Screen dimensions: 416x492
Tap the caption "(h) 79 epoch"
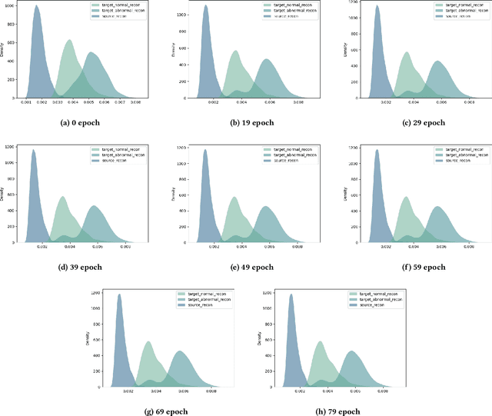click(x=333, y=411)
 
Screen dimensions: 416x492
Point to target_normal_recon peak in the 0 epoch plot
click(x=68, y=40)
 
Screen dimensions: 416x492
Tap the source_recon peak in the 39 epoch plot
click(x=33, y=150)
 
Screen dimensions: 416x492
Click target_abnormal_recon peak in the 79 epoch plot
click(x=353, y=351)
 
